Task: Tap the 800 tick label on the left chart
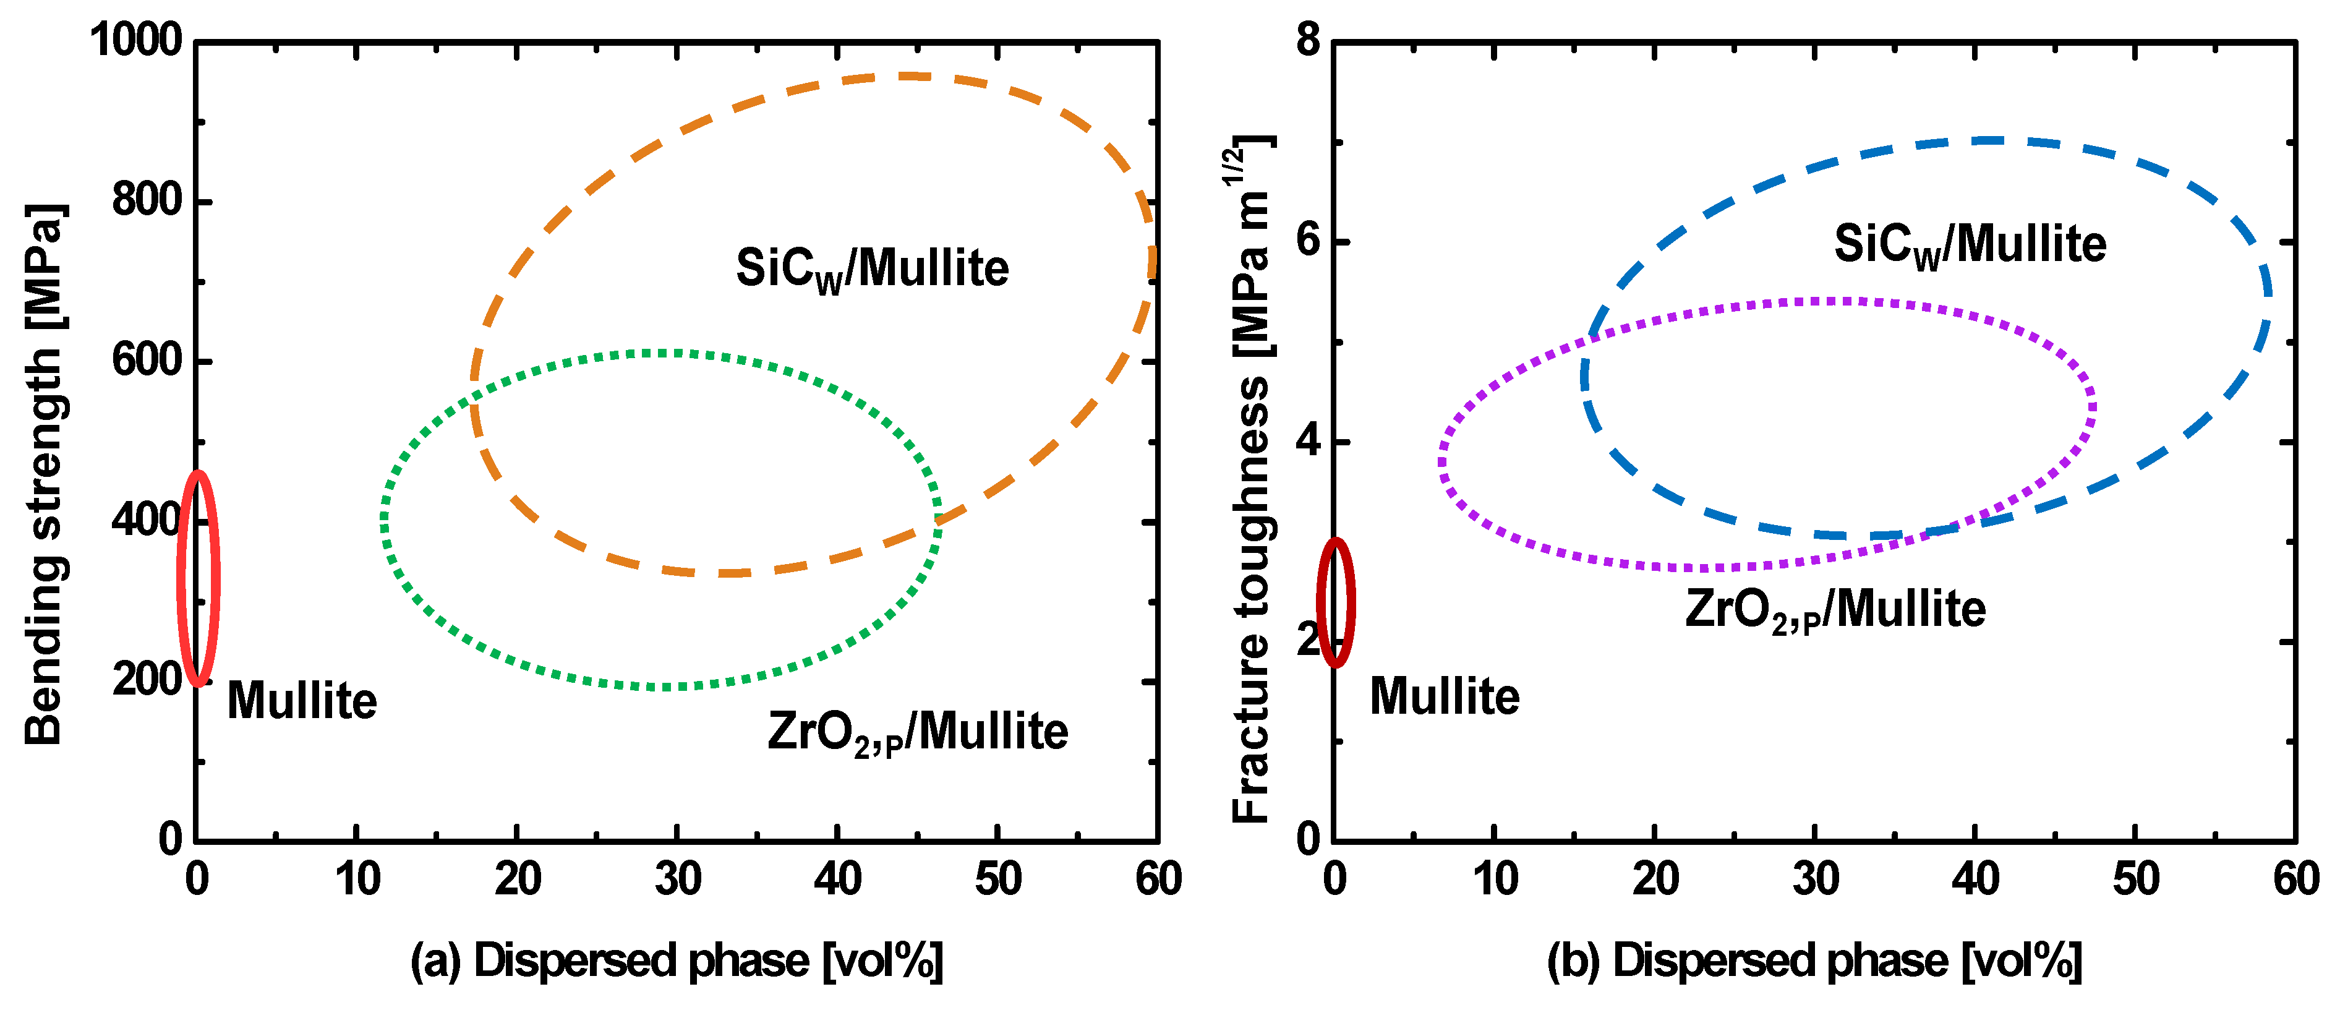148,200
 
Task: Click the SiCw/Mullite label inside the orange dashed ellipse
872,270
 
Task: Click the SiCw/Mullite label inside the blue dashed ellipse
1970,246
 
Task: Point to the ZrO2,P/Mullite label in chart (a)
918,732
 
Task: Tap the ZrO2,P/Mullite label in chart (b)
1835,610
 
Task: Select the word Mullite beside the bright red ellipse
302,701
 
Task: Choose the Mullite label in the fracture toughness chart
1445,698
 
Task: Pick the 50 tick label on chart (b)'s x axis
2135,879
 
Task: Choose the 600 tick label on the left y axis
148,361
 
